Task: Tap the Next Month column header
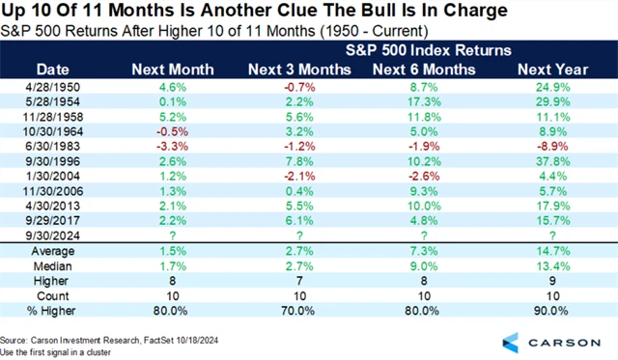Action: tap(172, 69)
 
